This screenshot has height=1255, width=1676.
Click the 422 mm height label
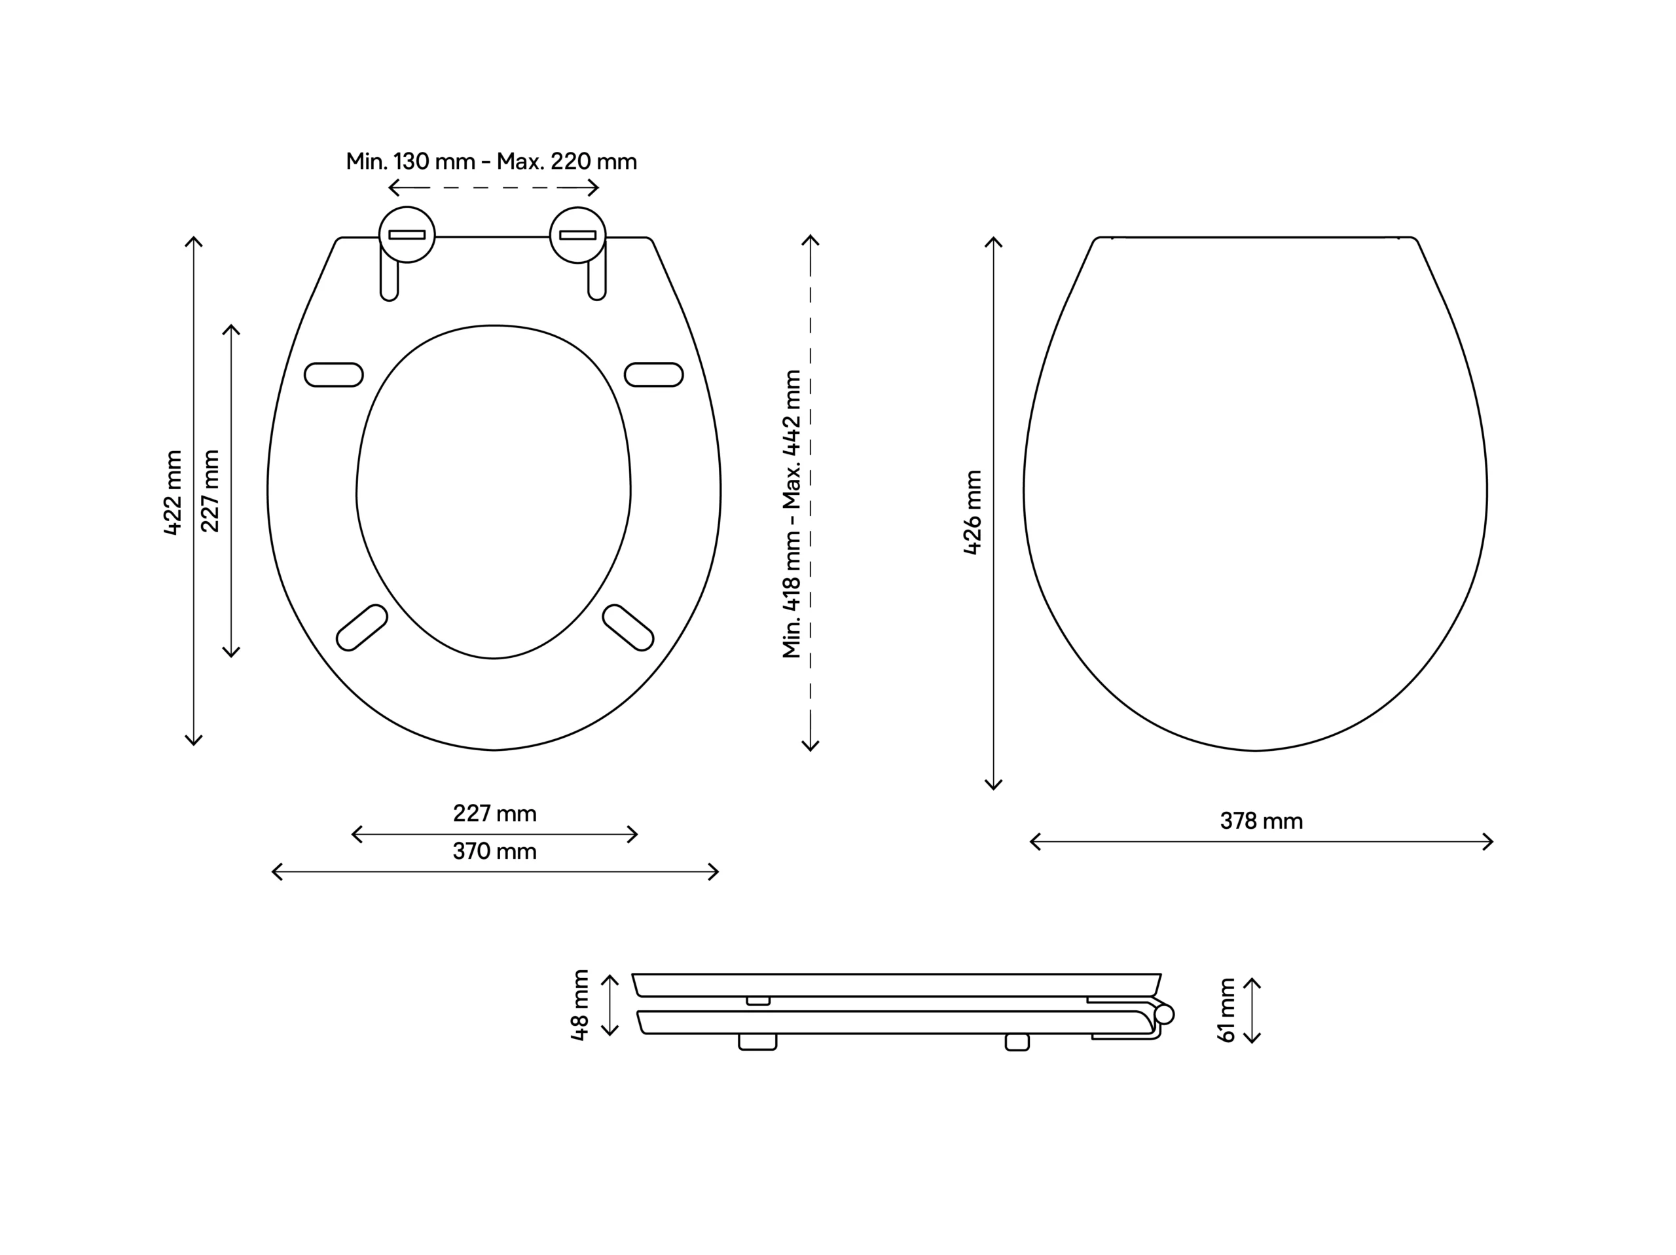pos(173,492)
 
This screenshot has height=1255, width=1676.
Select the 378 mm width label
pos(1262,822)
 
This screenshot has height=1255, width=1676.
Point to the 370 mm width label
pos(495,852)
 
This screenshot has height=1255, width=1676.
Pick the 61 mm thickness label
pos(1227,1010)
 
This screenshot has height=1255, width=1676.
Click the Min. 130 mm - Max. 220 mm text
pos(492,162)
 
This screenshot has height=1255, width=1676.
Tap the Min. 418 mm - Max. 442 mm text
pos(792,514)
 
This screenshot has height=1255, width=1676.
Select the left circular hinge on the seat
pos(407,235)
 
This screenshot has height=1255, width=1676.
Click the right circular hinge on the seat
pos(577,235)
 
